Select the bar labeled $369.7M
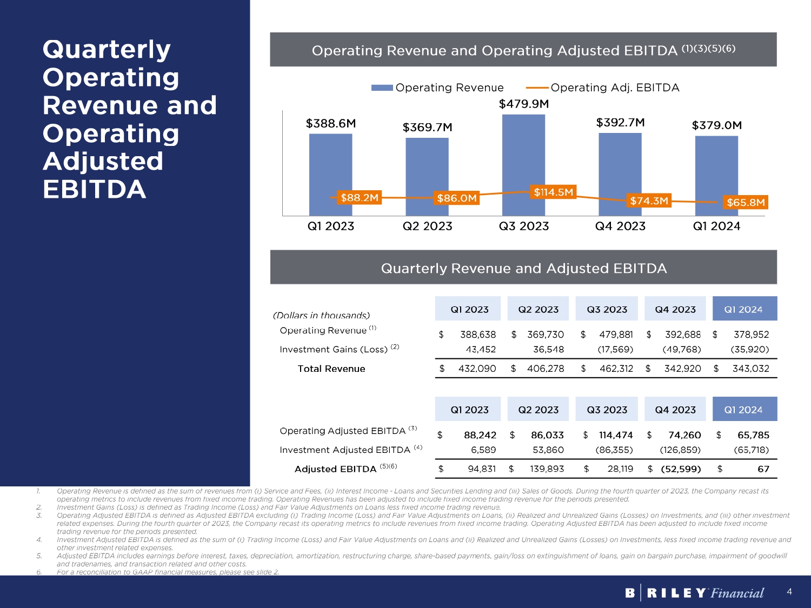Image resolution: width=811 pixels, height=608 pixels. click(427, 168)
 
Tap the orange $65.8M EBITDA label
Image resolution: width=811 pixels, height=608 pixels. click(746, 203)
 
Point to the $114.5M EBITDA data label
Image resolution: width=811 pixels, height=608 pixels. click(553, 192)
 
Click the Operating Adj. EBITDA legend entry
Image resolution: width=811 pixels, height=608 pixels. click(603, 88)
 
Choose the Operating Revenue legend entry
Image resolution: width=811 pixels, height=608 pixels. click(438, 88)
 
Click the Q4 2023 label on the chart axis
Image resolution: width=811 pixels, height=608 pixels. click(620, 226)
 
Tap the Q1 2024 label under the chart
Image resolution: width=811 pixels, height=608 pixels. click(716, 226)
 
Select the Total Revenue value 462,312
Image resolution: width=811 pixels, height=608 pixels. click(616, 369)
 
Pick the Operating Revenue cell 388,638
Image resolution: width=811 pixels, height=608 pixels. click(478, 335)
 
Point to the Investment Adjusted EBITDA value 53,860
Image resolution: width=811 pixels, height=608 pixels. click(548, 450)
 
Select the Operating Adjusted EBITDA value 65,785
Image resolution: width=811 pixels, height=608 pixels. click(753, 435)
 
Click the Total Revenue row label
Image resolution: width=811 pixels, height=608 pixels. click(331, 369)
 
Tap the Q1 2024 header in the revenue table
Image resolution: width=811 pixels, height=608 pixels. click(744, 309)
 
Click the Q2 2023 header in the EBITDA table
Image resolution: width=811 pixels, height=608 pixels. click(538, 410)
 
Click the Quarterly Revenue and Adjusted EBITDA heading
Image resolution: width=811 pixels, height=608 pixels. click(523, 268)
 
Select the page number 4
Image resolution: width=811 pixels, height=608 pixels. click(789, 592)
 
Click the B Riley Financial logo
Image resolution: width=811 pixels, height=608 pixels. click(694, 593)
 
